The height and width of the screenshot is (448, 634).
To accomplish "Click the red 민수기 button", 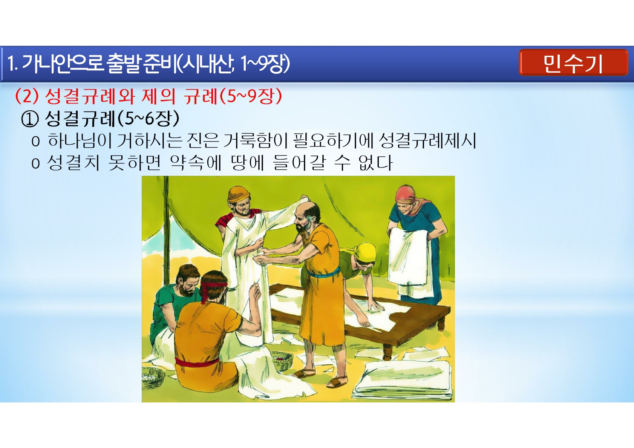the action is pyautogui.click(x=573, y=62).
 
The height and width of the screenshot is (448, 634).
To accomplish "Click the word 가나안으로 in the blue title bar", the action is pyautogui.click(x=62, y=63).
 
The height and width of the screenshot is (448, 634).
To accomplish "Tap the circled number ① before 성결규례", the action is pyautogui.click(x=30, y=119).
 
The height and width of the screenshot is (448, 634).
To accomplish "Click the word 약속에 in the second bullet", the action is pyautogui.click(x=196, y=163).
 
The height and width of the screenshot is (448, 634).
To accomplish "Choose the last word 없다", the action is pyautogui.click(x=375, y=163).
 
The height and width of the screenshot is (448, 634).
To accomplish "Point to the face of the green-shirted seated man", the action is pyautogui.click(x=188, y=284).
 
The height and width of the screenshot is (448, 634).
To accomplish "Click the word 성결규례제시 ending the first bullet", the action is pyautogui.click(x=427, y=140).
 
